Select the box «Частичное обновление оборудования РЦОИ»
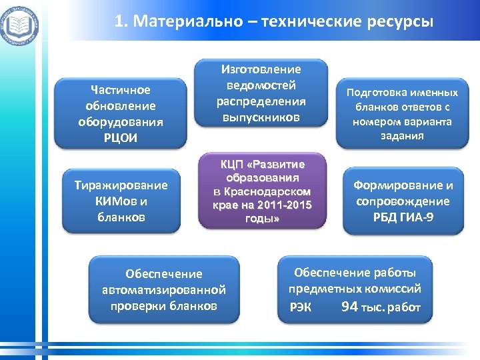(120, 113)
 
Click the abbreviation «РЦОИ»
(121, 137)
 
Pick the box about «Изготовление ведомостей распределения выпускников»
(261, 93)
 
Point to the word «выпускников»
(261, 117)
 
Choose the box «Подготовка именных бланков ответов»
(400, 113)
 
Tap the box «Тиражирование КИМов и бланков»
(121, 201)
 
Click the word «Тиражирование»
(121, 185)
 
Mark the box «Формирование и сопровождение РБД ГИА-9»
(403, 201)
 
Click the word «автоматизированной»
(164, 290)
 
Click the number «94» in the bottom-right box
(349, 307)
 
